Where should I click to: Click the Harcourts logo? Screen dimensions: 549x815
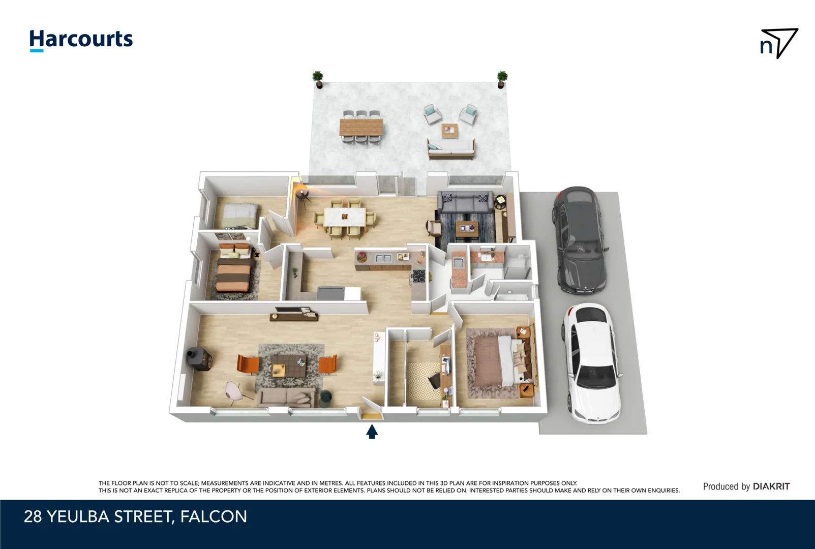pos(81,40)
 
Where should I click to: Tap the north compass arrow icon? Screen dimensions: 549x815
pos(779,43)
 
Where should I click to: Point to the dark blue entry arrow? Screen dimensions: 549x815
pos(372,432)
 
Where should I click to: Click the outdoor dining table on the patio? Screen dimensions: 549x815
pos(361,127)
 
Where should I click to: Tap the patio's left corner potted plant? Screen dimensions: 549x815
pos(318,79)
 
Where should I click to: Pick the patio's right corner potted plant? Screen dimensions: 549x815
pos(502,78)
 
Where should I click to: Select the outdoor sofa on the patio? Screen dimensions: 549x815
pos(451,148)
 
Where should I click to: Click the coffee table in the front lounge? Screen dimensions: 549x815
pos(288,365)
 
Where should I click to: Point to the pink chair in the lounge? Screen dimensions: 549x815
pos(235,392)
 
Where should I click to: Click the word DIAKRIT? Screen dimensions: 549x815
pos(771,486)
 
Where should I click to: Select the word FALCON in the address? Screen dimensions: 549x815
pos(214,516)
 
